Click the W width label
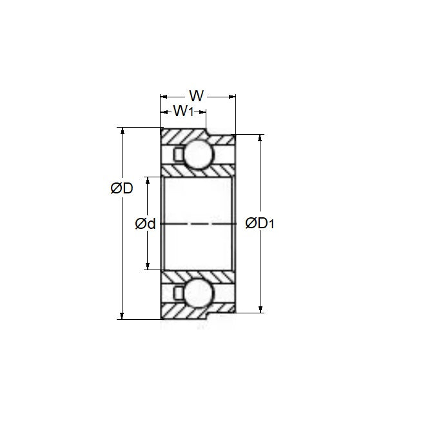(x=197, y=97)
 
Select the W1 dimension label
(x=183, y=112)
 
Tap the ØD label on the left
(x=121, y=188)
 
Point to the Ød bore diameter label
(x=145, y=224)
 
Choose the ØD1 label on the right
(x=260, y=224)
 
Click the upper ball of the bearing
(x=197, y=155)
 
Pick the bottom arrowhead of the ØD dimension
(x=121, y=315)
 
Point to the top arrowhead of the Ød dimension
(x=148, y=180)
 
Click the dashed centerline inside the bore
(x=197, y=224)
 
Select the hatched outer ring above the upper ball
(x=184, y=136)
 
